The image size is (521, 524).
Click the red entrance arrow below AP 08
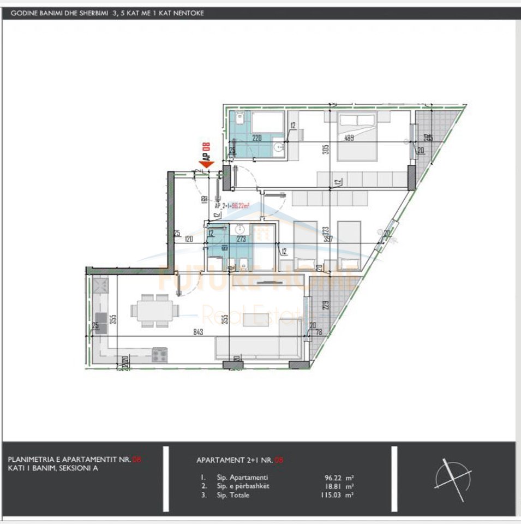pyautogui.click(x=206, y=163)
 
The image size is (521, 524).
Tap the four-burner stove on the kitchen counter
pyautogui.click(x=159, y=355)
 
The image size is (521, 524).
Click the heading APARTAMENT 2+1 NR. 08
pyautogui.click(x=239, y=460)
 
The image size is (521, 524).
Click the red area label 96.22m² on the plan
pyautogui.click(x=241, y=206)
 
